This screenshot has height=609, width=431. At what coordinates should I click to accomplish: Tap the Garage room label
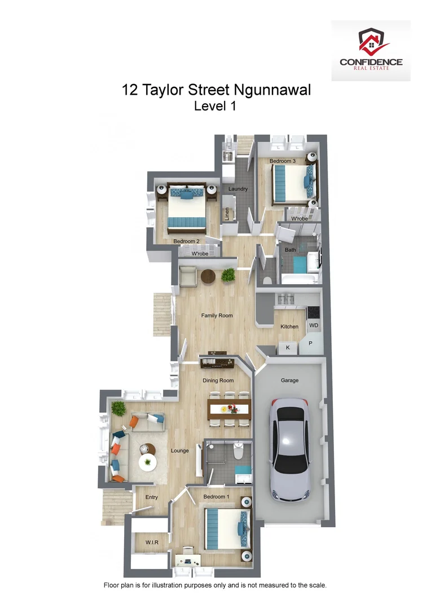click(x=289, y=381)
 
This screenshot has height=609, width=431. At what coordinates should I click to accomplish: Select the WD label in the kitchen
click(x=314, y=325)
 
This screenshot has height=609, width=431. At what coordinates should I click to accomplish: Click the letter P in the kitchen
click(x=310, y=343)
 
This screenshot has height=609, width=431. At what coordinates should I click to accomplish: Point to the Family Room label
click(x=217, y=316)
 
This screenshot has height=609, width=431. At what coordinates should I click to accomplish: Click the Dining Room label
click(x=218, y=381)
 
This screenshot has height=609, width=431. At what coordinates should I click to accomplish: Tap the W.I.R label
click(x=151, y=542)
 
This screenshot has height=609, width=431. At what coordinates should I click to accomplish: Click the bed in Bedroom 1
click(x=226, y=528)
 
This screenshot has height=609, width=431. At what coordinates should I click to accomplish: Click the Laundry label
click(x=238, y=189)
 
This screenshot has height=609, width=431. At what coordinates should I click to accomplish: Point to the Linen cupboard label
click(x=227, y=214)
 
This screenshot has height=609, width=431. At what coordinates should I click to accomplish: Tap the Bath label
click(x=290, y=250)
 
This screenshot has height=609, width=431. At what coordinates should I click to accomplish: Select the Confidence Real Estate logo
click(x=371, y=51)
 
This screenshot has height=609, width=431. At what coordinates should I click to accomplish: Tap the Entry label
click(x=151, y=497)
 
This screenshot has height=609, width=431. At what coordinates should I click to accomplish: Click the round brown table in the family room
click(x=208, y=276)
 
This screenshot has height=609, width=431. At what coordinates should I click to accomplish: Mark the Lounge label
click(x=180, y=451)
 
